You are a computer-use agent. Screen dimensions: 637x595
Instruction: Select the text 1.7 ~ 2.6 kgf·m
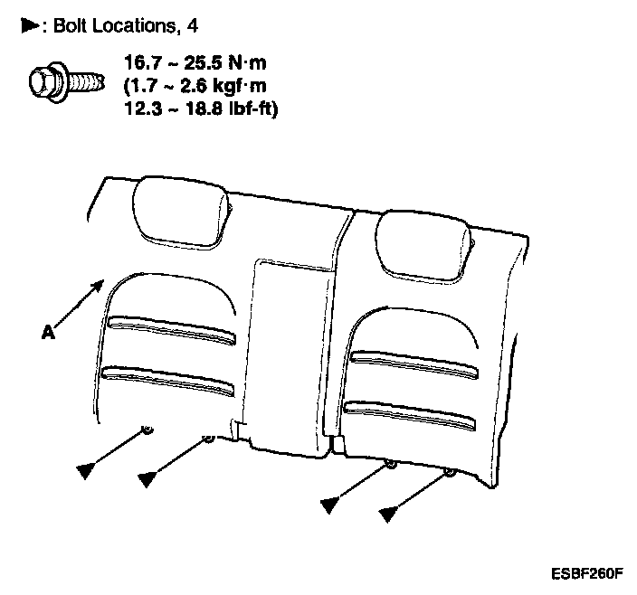(195, 88)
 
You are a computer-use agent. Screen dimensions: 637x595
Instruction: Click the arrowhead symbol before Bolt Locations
(28, 26)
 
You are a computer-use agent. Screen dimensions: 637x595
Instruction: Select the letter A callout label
(46, 332)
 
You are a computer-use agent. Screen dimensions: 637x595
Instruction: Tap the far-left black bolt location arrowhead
(86, 468)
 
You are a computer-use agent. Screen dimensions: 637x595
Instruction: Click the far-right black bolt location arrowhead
(389, 515)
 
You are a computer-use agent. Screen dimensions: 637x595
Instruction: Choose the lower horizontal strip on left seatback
(168, 380)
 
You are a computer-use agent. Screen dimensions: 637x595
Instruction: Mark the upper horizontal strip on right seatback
(413, 364)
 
